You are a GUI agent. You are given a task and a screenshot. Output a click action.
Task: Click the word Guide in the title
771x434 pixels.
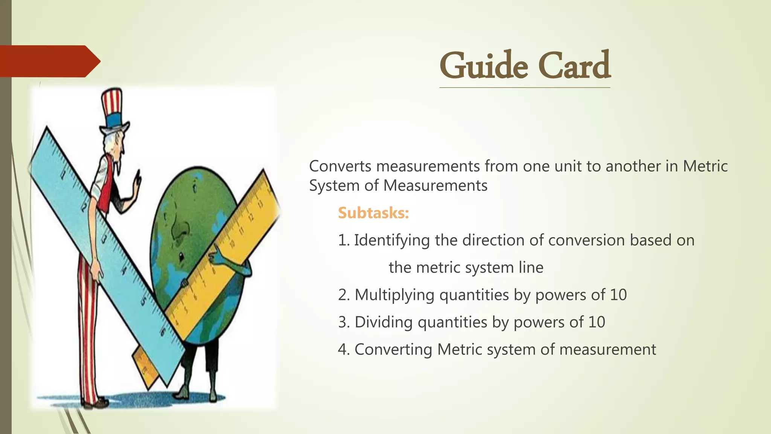pyautogui.click(x=484, y=66)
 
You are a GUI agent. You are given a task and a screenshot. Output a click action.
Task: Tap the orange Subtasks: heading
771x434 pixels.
pyautogui.click(x=373, y=213)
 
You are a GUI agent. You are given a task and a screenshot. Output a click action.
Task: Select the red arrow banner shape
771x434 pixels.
pyautogui.click(x=49, y=61)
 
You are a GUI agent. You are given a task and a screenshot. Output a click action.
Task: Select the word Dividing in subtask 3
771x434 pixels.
pyautogui.click(x=384, y=322)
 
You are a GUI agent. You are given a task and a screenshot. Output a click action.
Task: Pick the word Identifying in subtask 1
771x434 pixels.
pyautogui.click(x=392, y=240)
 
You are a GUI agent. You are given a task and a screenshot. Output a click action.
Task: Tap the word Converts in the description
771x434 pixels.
pyautogui.click(x=340, y=166)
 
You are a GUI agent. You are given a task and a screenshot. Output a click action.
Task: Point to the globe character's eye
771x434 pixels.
pyautogui.click(x=181, y=257)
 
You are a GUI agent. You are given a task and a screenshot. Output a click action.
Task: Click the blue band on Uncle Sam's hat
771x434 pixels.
pyautogui.click(x=113, y=121)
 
